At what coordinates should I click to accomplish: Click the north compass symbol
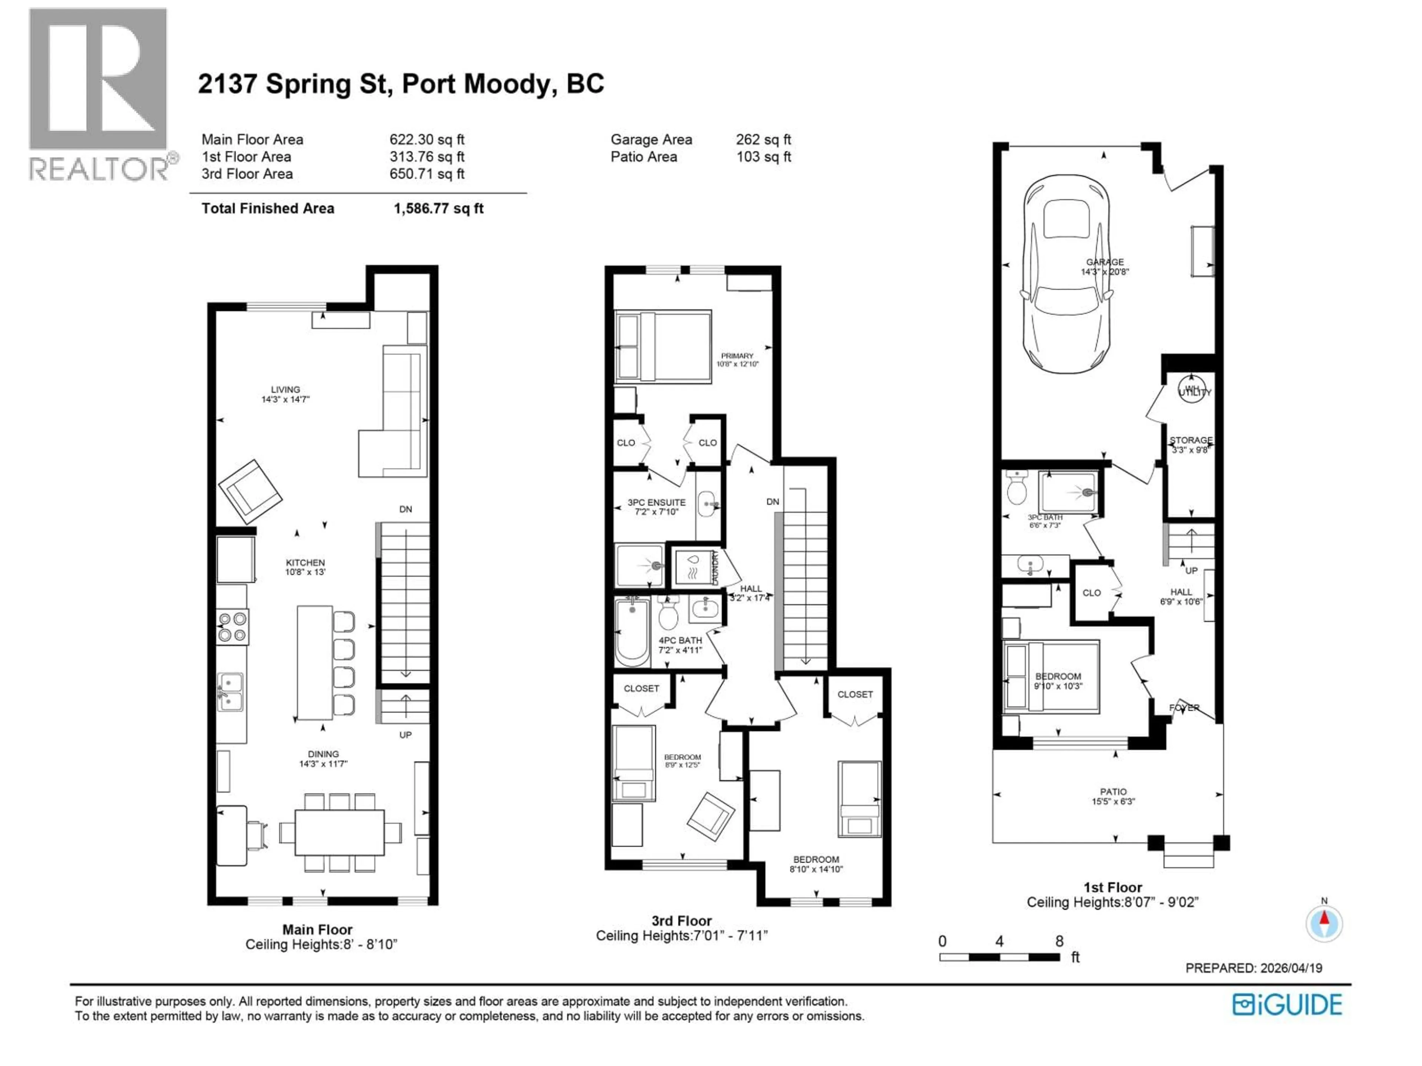pyautogui.click(x=1323, y=923)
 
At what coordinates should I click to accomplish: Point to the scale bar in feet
pyautogui.click(x=999, y=957)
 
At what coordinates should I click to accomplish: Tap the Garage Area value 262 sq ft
pyautogui.click(x=763, y=140)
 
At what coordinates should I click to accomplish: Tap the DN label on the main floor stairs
pyautogui.click(x=405, y=509)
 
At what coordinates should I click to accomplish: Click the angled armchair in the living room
pyautogui.click(x=250, y=490)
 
